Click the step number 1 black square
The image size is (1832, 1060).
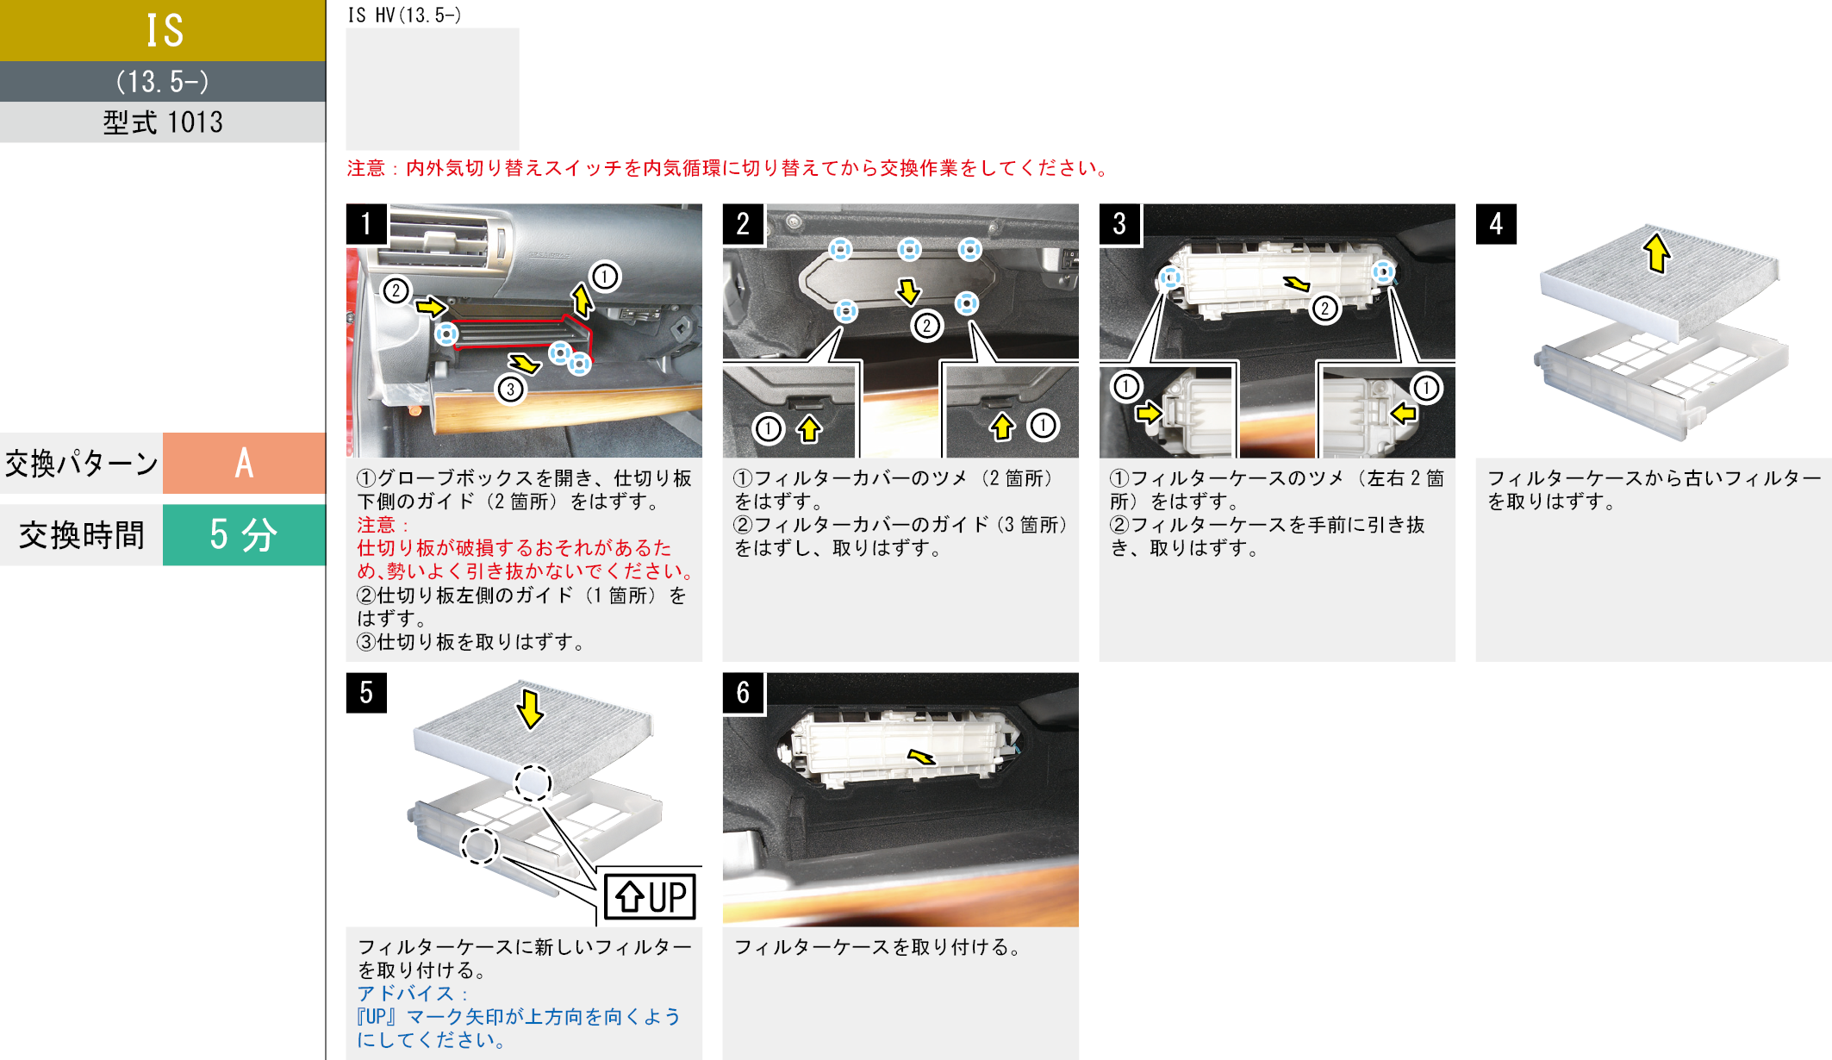click(366, 224)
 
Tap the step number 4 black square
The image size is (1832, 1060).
click(1496, 224)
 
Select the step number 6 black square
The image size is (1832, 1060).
click(743, 693)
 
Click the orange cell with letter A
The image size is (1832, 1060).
click(244, 463)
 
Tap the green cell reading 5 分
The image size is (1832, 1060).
click(244, 535)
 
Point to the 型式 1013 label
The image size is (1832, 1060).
click(163, 122)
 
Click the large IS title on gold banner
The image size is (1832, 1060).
click(164, 31)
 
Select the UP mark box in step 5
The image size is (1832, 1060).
click(650, 896)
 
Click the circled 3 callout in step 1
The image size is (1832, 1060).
click(510, 390)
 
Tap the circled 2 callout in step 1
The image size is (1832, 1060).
click(396, 290)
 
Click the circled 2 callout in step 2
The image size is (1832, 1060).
click(926, 326)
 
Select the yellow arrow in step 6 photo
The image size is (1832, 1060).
click(921, 757)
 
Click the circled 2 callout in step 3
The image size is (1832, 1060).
click(1325, 309)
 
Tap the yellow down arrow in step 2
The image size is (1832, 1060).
click(908, 291)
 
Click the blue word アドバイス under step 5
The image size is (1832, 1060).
click(405, 994)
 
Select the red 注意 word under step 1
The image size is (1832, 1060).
click(377, 525)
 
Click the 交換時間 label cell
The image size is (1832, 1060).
click(82, 535)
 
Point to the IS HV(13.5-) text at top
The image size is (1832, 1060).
click(404, 15)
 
